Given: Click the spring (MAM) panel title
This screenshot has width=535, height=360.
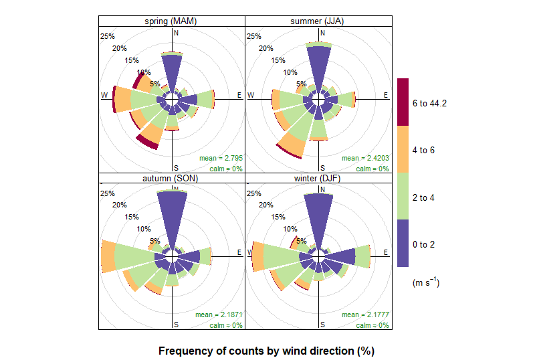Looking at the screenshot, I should tap(172, 21).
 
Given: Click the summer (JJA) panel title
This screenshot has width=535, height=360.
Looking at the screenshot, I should tap(317, 21).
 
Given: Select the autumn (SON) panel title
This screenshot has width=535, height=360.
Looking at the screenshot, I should tap(172, 179).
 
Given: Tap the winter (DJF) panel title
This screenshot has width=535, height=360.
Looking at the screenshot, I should tap(317, 179).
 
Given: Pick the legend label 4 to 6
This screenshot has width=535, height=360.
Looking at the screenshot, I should tap(424, 150).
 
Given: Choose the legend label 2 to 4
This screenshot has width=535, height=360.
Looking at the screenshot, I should tap(424, 197).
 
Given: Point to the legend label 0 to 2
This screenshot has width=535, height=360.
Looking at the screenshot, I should tap(424, 244).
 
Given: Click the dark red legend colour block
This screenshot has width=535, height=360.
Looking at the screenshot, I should tap(403, 102).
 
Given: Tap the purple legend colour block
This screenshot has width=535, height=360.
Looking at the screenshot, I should tap(403, 244).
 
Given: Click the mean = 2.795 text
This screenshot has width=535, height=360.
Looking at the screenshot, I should tap(221, 158).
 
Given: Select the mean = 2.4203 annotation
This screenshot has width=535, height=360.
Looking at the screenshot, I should tap(365, 158).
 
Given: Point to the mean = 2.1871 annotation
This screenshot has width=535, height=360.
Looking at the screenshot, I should tap(219, 314).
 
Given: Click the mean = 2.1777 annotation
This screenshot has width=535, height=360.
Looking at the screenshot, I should tap(365, 314).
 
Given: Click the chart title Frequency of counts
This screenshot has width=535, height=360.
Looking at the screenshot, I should tap(265, 351).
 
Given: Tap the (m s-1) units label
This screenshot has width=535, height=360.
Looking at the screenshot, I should tap(426, 283).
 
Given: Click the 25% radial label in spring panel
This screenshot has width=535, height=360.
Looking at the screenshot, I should tap(106, 36).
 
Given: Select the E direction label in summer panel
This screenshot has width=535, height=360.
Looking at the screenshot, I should tap(386, 95).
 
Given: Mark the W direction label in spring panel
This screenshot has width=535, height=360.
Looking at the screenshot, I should tap(104, 95).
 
